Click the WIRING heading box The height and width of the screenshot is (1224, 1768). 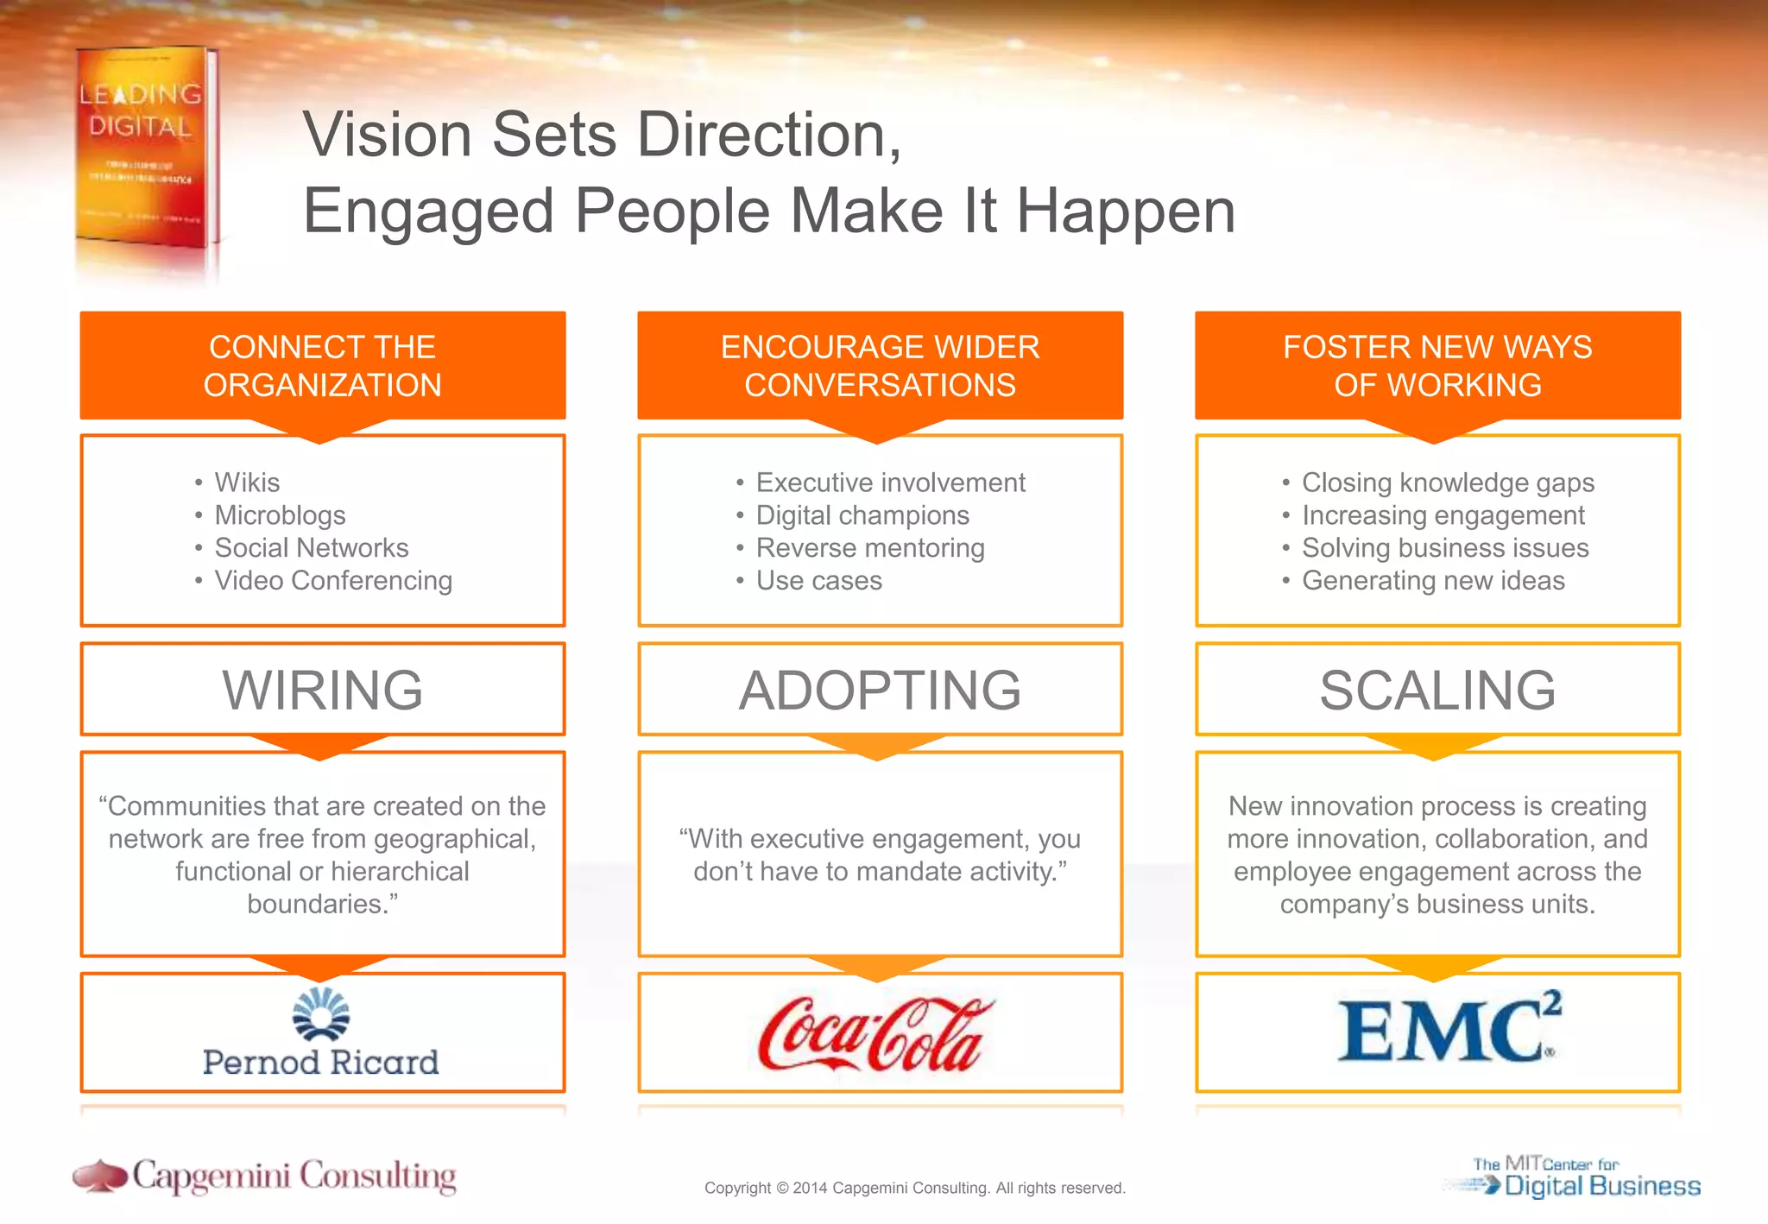point(322,690)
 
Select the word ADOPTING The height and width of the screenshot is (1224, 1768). point(880,690)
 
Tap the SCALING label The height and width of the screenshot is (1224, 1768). point(1437,690)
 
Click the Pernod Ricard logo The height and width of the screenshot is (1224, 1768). point(321,1034)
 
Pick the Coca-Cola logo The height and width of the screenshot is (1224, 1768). point(875,1034)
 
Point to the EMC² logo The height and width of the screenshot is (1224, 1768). point(1449,1029)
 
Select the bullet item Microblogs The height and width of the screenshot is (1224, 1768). point(280,515)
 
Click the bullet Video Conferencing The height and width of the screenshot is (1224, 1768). point(333,581)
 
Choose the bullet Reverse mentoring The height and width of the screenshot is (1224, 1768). point(870,548)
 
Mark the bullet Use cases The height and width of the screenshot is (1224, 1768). point(818,581)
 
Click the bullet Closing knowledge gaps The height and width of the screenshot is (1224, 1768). point(1448,483)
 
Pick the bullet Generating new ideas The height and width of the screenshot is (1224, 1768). point(1433,581)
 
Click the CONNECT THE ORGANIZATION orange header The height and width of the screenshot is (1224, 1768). point(322,366)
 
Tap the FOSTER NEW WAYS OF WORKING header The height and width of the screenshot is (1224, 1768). point(1437,366)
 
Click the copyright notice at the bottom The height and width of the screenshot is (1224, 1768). point(914,1188)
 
